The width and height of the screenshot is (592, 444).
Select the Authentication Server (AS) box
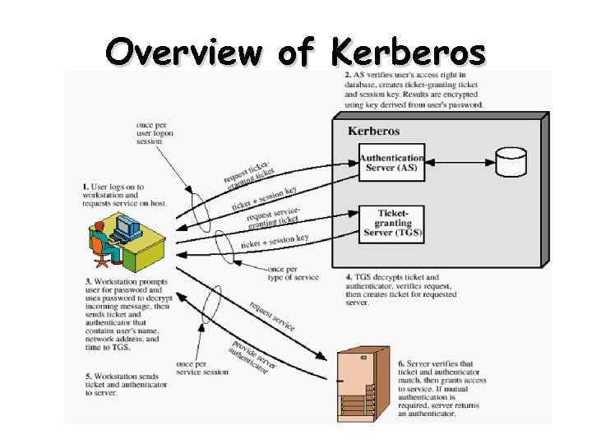tap(391, 163)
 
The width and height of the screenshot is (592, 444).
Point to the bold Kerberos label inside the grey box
tap(373, 131)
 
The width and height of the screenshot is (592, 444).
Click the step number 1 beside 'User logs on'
tap(86, 187)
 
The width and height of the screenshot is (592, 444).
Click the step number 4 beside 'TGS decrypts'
tap(349, 278)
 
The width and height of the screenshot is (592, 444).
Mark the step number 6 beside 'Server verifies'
tap(400, 363)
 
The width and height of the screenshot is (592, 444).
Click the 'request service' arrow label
tap(271, 316)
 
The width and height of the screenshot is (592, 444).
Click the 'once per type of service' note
tap(294, 274)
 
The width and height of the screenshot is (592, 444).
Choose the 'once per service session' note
tap(201, 368)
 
